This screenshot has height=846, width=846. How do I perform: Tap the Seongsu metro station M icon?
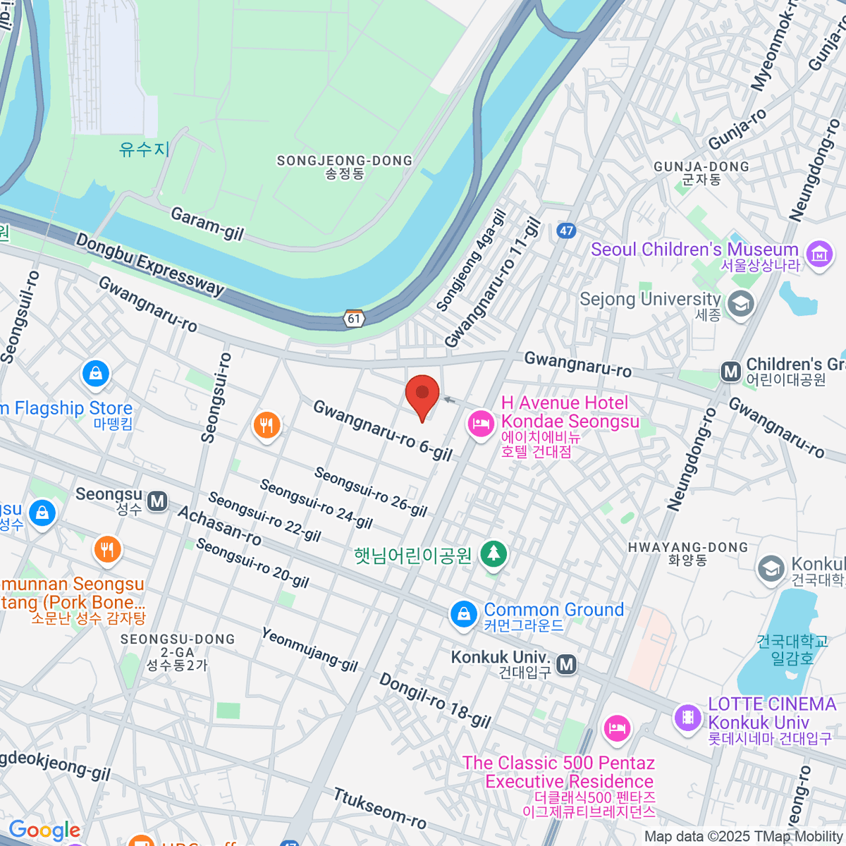click(x=157, y=502)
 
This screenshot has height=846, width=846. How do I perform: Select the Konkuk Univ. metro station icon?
click(x=566, y=664)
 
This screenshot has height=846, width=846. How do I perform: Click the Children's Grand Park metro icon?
click(x=731, y=372)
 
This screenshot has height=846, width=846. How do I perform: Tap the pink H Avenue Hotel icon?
click(x=480, y=424)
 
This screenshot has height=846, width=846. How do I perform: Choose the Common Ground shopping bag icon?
click(x=463, y=614)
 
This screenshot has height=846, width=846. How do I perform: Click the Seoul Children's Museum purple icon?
click(x=819, y=254)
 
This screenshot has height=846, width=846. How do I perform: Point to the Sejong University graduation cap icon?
click(x=740, y=305)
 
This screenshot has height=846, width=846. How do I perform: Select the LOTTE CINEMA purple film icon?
click(x=687, y=718)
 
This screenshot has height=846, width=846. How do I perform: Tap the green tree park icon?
click(x=493, y=554)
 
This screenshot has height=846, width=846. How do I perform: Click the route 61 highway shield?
click(x=354, y=319)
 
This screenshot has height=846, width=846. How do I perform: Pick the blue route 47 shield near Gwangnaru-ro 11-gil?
click(x=566, y=231)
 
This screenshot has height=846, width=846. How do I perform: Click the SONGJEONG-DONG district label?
click(x=344, y=166)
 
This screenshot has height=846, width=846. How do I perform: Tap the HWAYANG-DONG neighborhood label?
click(x=687, y=553)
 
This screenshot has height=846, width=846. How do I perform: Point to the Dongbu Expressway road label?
click(x=149, y=264)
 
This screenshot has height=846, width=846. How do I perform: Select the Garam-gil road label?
click(x=207, y=223)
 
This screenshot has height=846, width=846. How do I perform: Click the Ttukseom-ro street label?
click(x=379, y=808)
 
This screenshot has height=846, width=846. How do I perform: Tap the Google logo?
click(x=44, y=830)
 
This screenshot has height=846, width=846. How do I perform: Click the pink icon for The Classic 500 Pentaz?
click(x=617, y=728)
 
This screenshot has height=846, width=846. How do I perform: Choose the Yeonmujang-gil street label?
click(x=309, y=649)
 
